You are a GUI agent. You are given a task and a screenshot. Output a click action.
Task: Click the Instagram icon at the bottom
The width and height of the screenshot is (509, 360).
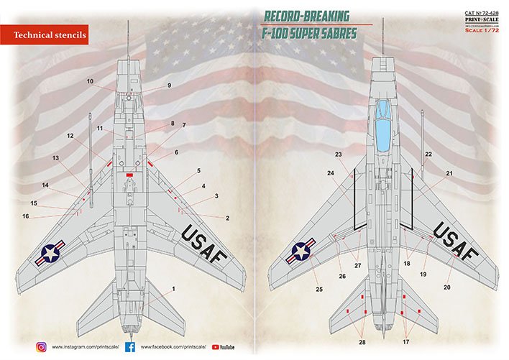tap(40, 346)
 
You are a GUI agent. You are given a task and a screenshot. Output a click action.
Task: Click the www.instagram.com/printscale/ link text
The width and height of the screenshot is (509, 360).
tap(86, 347)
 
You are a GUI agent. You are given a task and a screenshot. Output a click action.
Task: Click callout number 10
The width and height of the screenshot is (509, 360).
tap(91, 81)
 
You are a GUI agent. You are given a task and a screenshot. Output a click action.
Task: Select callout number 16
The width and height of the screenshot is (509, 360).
tap(25, 216)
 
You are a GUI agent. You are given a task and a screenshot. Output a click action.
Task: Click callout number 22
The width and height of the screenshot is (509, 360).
tap(428, 154)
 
